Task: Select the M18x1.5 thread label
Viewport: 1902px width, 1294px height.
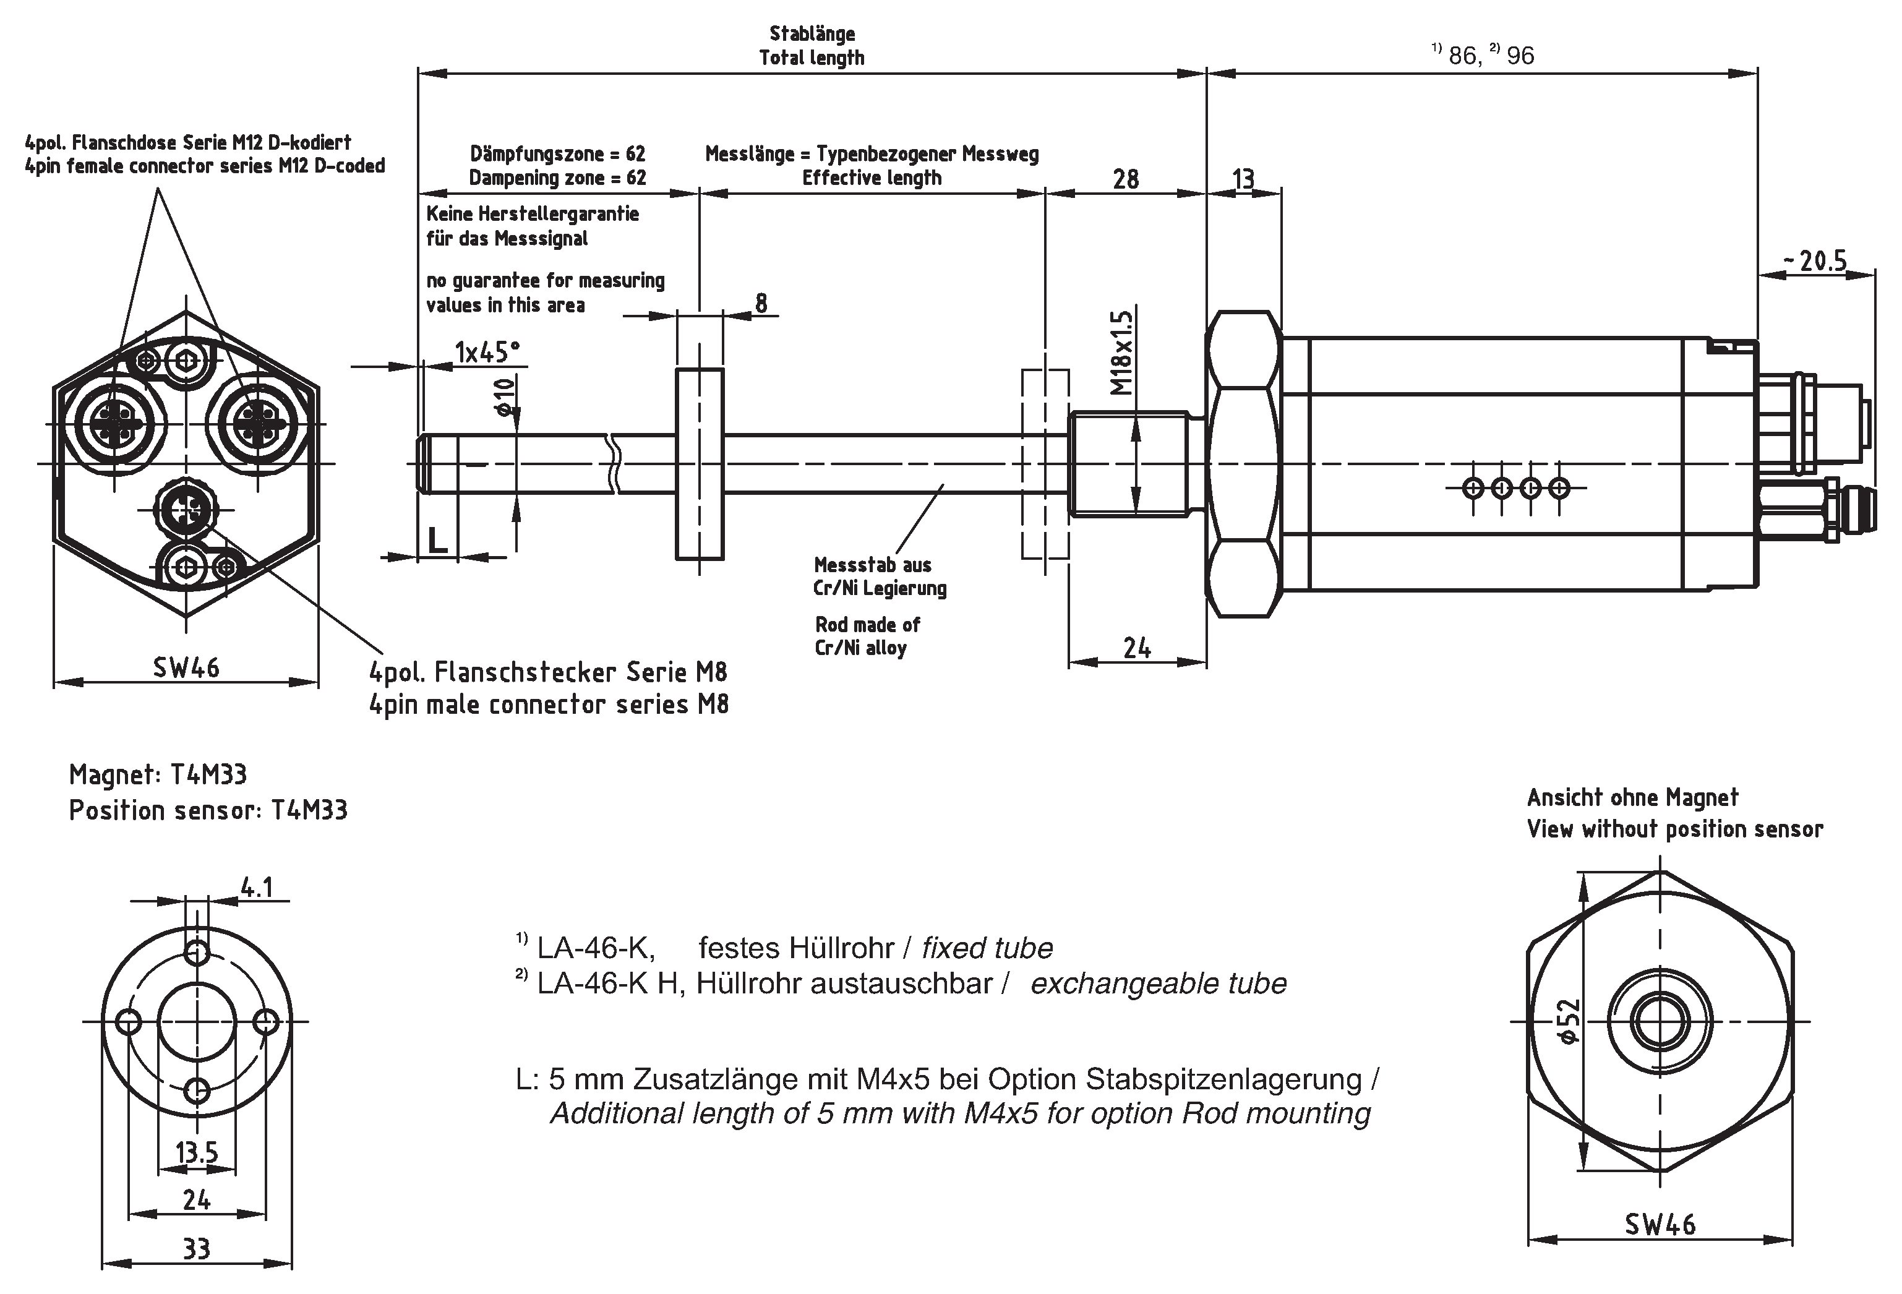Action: coord(1122,352)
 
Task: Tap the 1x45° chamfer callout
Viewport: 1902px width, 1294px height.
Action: coord(487,352)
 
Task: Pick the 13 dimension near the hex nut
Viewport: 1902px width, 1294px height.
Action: coord(1243,178)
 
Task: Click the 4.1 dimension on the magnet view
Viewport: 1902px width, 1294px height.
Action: coord(257,886)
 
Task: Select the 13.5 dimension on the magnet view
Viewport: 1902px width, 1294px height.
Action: coord(197,1152)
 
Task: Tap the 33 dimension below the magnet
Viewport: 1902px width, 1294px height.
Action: coord(197,1249)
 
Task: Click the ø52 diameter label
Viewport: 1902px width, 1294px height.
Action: coord(1568,1021)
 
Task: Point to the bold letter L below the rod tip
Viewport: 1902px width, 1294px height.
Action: coord(438,540)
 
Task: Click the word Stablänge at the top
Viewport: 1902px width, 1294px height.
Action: coord(812,33)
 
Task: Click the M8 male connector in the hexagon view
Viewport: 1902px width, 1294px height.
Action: coord(187,511)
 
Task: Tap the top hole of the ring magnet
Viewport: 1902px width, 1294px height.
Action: coord(197,952)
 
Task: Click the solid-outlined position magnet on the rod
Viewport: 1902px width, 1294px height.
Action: coord(699,464)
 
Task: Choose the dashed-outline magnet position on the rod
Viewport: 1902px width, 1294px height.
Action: coord(1045,464)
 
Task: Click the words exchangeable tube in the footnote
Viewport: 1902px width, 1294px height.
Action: coord(1158,983)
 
